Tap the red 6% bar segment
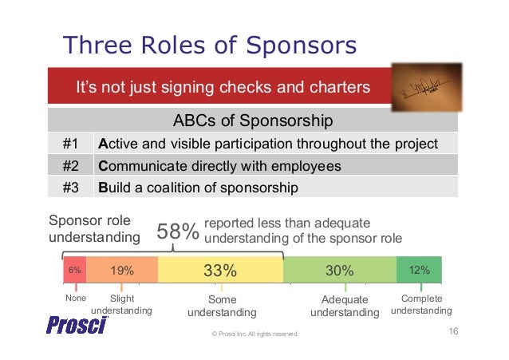click(74, 271)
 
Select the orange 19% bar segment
click(122, 271)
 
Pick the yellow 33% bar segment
click(220, 271)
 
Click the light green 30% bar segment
click(339, 271)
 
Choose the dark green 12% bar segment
click(419, 271)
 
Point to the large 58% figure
click(177, 232)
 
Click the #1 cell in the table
click(69, 144)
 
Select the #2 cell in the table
click(69, 166)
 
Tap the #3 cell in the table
click(69, 188)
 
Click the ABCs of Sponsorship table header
click(252, 122)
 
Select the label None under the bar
click(75, 299)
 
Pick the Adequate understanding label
click(345, 306)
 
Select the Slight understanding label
click(121, 304)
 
